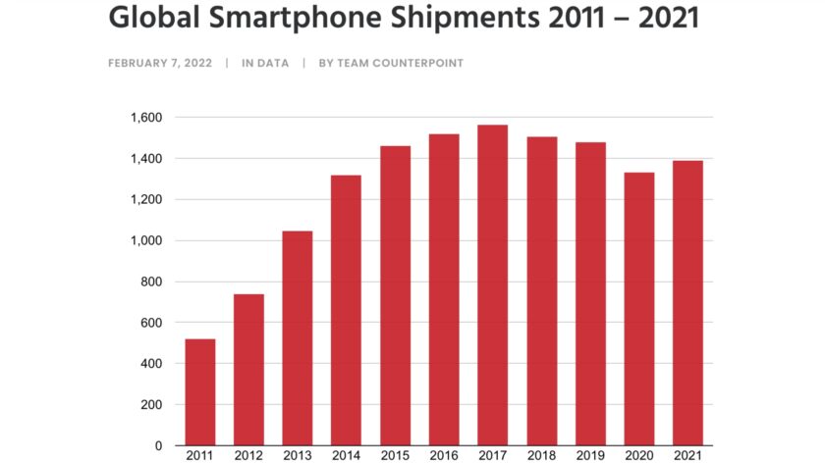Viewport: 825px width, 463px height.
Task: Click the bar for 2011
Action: click(x=199, y=392)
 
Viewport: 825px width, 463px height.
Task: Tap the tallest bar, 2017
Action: click(x=492, y=285)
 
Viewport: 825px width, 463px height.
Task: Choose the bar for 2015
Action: click(x=395, y=295)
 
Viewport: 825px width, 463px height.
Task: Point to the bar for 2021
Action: click(x=687, y=303)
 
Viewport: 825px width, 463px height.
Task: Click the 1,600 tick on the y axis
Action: click(x=145, y=118)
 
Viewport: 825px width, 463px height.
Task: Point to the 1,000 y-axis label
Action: click(x=145, y=240)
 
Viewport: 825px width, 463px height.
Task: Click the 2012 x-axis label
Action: click(x=248, y=455)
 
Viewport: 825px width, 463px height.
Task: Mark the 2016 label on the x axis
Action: click(x=444, y=455)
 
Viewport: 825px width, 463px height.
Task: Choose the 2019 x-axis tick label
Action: click(x=590, y=455)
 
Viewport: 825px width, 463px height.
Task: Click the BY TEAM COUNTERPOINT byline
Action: click(x=391, y=63)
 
